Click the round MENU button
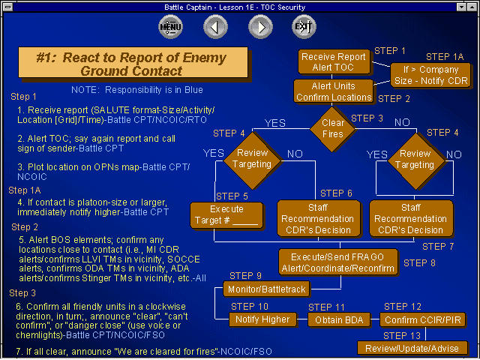(x=171, y=28)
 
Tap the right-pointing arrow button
(x=259, y=28)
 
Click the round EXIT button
(x=303, y=28)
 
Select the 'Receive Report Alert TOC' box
(x=333, y=62)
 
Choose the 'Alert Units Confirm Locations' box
(x=333, y=91)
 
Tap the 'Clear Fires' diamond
(x=333, y=129)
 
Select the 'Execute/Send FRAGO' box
(x=337, y=262)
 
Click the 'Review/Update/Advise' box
(x=412, y=348)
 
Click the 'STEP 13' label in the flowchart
(x=402, y=334)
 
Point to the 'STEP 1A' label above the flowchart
(x=445, y=57)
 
